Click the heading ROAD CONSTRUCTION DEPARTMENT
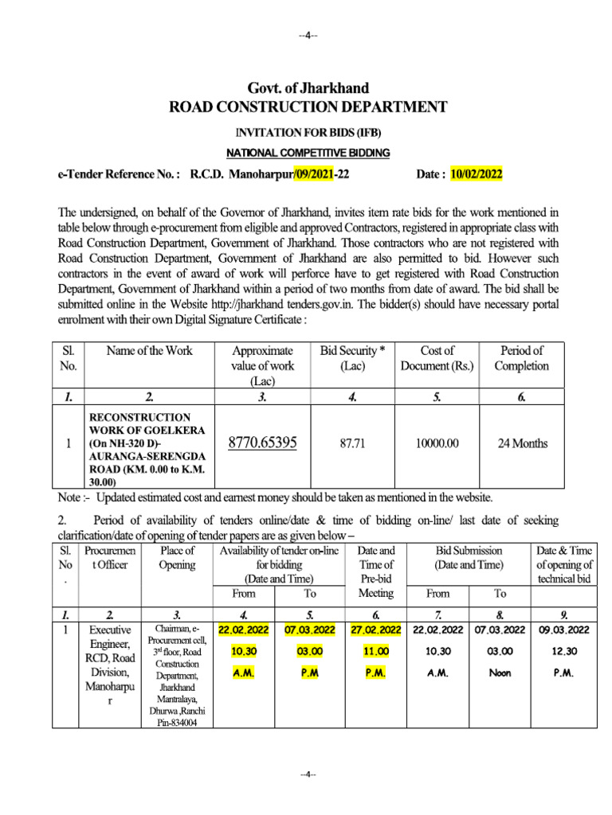(308, 107)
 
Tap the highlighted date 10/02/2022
(477, 174)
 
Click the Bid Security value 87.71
(352, 443)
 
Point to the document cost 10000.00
(437, 443)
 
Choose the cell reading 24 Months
(522, 443)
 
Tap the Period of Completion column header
(522, 358)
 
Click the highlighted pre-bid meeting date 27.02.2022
(375, 630)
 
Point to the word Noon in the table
(500, 673)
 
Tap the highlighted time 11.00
(375, 651)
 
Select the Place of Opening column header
(177, 557)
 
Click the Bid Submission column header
(469, 557)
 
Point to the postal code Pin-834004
(177, 722)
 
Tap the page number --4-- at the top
(308, 36)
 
